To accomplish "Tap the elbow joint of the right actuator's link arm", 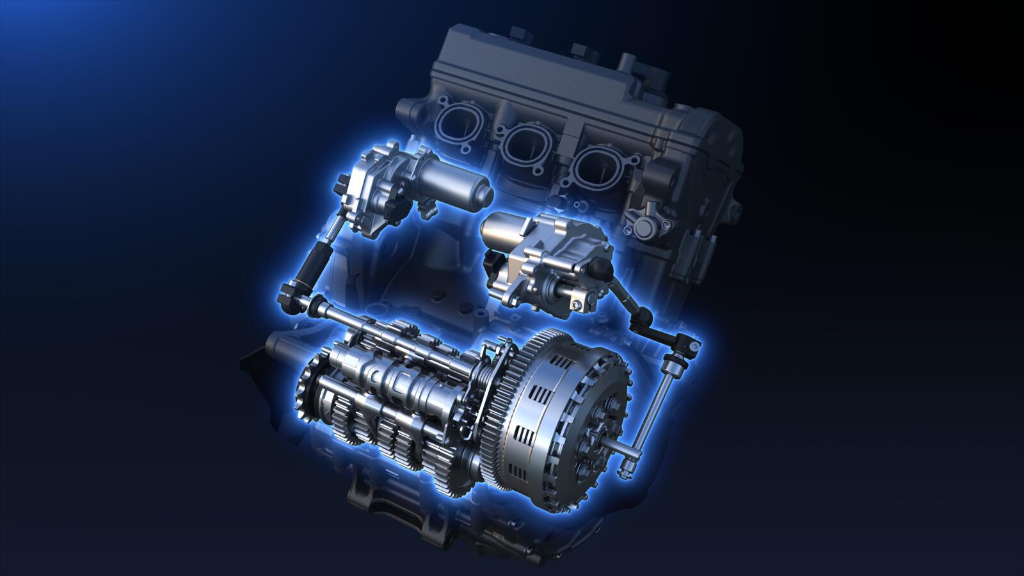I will pyautogui.click(x=643, y=316).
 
